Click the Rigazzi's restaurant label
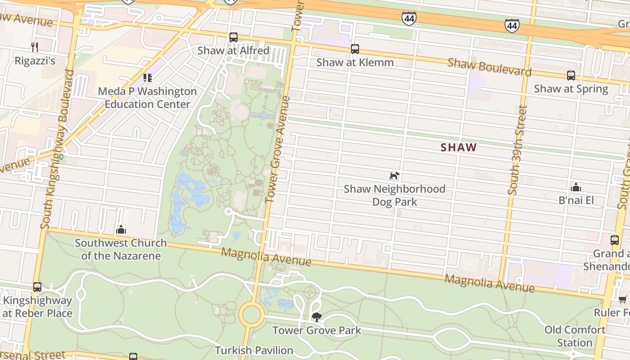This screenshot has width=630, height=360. pos(35,61)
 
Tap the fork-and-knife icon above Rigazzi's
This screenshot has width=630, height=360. pos(35,46)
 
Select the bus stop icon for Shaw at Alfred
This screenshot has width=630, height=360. pos(233,37)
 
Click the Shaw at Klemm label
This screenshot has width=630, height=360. pos(355,63)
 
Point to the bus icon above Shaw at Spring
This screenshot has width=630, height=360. pos(571,75)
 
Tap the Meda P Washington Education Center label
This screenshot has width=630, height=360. pos(147,98)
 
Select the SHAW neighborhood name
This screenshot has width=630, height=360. pos(459,147)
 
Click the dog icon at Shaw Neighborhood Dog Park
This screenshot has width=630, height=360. pos(394,175)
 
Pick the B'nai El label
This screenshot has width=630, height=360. pos(576,200)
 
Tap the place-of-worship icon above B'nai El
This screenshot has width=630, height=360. pos(575,187)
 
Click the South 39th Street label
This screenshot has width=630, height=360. pos(517,150)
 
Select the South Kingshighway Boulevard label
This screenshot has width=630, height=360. pos(57,148)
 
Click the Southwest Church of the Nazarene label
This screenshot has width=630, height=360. pos(121,249)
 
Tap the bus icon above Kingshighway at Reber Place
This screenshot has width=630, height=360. pos(37,287)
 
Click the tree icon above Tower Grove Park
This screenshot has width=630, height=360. pos(316,317)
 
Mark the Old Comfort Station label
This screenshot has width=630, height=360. pos(575,336)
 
